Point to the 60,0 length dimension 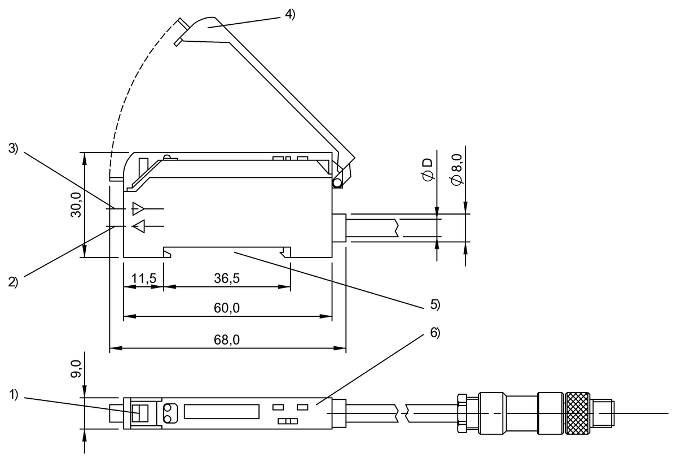point(227,308)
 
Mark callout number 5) point(434,304)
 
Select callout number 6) point(434,333)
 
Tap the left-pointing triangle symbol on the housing point(138,226)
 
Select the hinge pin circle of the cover point(337,182)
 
